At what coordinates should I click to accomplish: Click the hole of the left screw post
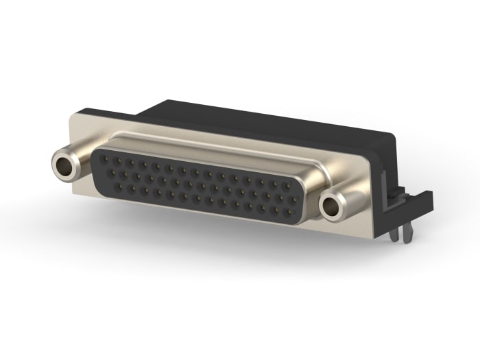pos(65,164)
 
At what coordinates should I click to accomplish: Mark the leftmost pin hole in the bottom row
pos(119,187)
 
